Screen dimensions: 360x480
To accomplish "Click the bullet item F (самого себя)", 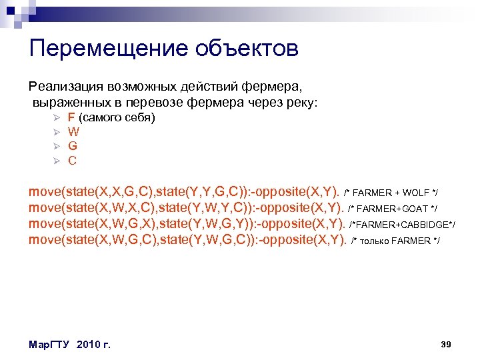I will pyautogui.click(x=111, y=118).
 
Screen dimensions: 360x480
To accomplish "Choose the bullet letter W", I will pyautogui.click(x=74, y=132).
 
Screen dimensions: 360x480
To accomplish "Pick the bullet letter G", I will pyautogui.click(x=73, y=146).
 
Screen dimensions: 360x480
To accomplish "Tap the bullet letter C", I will pyautogui.click(x=73, y=161).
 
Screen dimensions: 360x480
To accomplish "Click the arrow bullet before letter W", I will pyautogui.click(x=57, y=132).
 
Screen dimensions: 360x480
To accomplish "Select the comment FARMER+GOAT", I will pyautogui.click(x=393, y=209).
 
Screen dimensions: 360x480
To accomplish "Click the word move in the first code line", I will pyautogui.click(x=43, y=192).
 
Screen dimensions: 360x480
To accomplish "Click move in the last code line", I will pyautogui.click(x=43, y=240).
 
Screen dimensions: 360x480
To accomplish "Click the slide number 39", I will pyautogui.click(x=447, y=344).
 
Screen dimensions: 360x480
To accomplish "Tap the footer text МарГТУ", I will pyautogui.click(x=51, y=345).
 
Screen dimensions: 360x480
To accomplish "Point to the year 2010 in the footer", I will pyautogui.click(x=89, y=345).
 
